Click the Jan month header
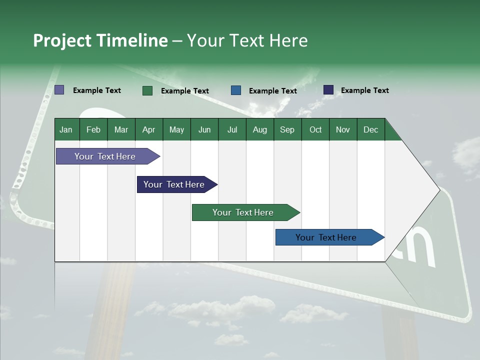point(66,129)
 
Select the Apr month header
point(148,129)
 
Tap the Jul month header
point(232,129)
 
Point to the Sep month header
point(287,129)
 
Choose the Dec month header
point(370,129)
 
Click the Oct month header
point(315,129)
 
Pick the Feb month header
point(93,129)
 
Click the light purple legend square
point(59,90)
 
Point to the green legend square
point(147,90)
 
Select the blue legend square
point(236,90)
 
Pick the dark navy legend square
point(328,90)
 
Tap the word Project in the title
point(62,40)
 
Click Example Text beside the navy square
point(364,90)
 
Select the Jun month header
point(204,129)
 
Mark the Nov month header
point(343,129)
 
